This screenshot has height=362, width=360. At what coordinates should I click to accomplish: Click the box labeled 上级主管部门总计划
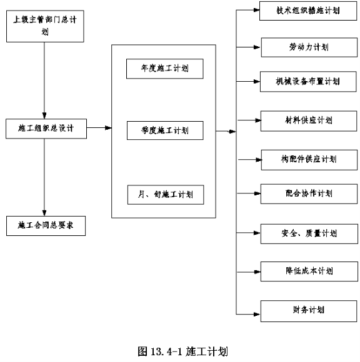coord(45,26)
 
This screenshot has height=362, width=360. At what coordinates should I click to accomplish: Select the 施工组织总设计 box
coord(46,129)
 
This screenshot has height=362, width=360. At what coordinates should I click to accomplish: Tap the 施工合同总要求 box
coord(46,226)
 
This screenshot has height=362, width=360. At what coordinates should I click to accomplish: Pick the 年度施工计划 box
coord(165,69)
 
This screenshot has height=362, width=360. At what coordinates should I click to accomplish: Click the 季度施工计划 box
coord(165,130)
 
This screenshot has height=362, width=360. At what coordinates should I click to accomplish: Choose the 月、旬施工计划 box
coord(166,195)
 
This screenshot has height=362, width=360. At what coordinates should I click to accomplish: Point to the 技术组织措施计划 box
coord(308,11)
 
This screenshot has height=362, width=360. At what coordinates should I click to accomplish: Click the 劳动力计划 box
coord(309,47)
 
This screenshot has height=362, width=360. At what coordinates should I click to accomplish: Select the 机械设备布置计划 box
coord(308,82)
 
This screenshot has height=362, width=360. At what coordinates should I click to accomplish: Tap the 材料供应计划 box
coord(309,121)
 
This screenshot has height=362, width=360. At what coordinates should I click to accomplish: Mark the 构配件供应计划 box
coord(309,160)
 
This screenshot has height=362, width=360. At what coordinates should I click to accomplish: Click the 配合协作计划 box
coord(309,193)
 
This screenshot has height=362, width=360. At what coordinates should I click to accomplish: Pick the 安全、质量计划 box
coord(309,233)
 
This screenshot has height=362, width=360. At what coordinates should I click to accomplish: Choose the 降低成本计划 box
coord(309,271)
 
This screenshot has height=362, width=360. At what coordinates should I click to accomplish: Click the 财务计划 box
coord(309,311)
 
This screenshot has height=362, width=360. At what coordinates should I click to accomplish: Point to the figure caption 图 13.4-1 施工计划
coord(182,351)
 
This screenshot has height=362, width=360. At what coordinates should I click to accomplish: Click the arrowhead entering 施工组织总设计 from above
coord(44,115)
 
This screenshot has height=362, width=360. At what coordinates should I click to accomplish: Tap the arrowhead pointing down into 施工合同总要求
coord(44,213)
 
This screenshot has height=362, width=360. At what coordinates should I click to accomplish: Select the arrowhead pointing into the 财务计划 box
coord(257,314)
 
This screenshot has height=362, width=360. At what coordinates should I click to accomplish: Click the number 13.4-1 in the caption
coord(166,351)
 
